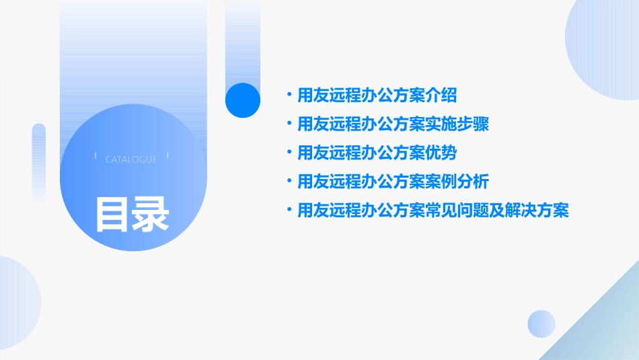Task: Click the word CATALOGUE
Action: pyautogui.click(x=131, y=159)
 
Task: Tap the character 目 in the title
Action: pyautogui.click(x=112, y=215)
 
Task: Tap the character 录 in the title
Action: pyautogui.click(x=151, y=215)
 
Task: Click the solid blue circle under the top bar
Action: pyautogui.click(x=243, y=100)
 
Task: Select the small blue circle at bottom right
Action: pyautogui.click(x=541, y=324)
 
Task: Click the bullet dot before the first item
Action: pyautogui.click(x=289, y=95)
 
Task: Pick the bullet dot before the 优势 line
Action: pyautogui.click(x=289, y=153)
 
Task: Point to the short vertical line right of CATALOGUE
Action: pyautogui.click(x=167, y=156)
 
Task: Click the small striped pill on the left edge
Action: pyautogui.click(x=39, y=161)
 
